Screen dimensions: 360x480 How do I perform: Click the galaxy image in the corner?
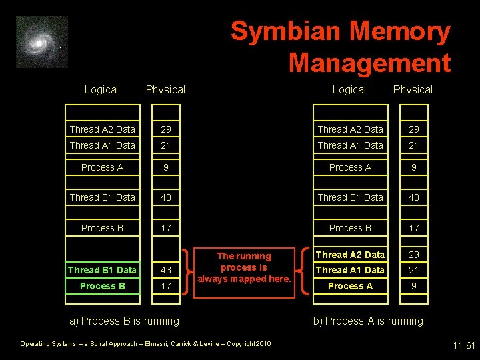pyautogui.click(x=42, y=42)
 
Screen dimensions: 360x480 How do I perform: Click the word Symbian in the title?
pyautogui.click(x=285, y=31)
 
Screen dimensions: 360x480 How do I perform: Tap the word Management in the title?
pyautogui.click(x=369, y=63)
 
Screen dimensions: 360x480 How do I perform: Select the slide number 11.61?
pyautogui.click(x=463, y=345)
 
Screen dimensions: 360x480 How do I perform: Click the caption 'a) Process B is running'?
pyautogui.click(x=125, y=321)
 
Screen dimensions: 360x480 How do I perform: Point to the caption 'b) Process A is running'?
pyautogui.click(x=369, y=321)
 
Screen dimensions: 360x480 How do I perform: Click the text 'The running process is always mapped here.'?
pyautogui.click(x=244, y=267)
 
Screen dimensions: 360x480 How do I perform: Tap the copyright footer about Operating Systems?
pyautogui.click(x=145, y=344)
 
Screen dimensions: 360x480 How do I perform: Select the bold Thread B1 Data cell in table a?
pyautogui.click(x=102, y=270)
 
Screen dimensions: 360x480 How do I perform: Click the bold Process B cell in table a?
pyautogui.click(x=102, y=286)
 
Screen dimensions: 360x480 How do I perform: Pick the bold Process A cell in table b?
pyautogui.click(x=350, y=286)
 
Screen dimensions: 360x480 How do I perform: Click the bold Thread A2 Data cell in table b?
pyautogui.click(x=350, y=255)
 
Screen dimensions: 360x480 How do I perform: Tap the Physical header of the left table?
pyautogui.click(x=165, y=89)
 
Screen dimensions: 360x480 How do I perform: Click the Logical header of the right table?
pyautogui.click(x=349, y=89)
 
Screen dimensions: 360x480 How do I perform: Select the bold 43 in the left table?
pyautogui.click(x=166, y=270)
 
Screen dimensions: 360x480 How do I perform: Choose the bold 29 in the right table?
pyautogui.click(x=414, y=255)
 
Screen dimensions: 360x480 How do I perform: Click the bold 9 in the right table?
pyautogui.click(x=414, y=286)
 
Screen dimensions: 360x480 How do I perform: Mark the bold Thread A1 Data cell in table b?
pyautogui.click(x=350, y=270)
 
